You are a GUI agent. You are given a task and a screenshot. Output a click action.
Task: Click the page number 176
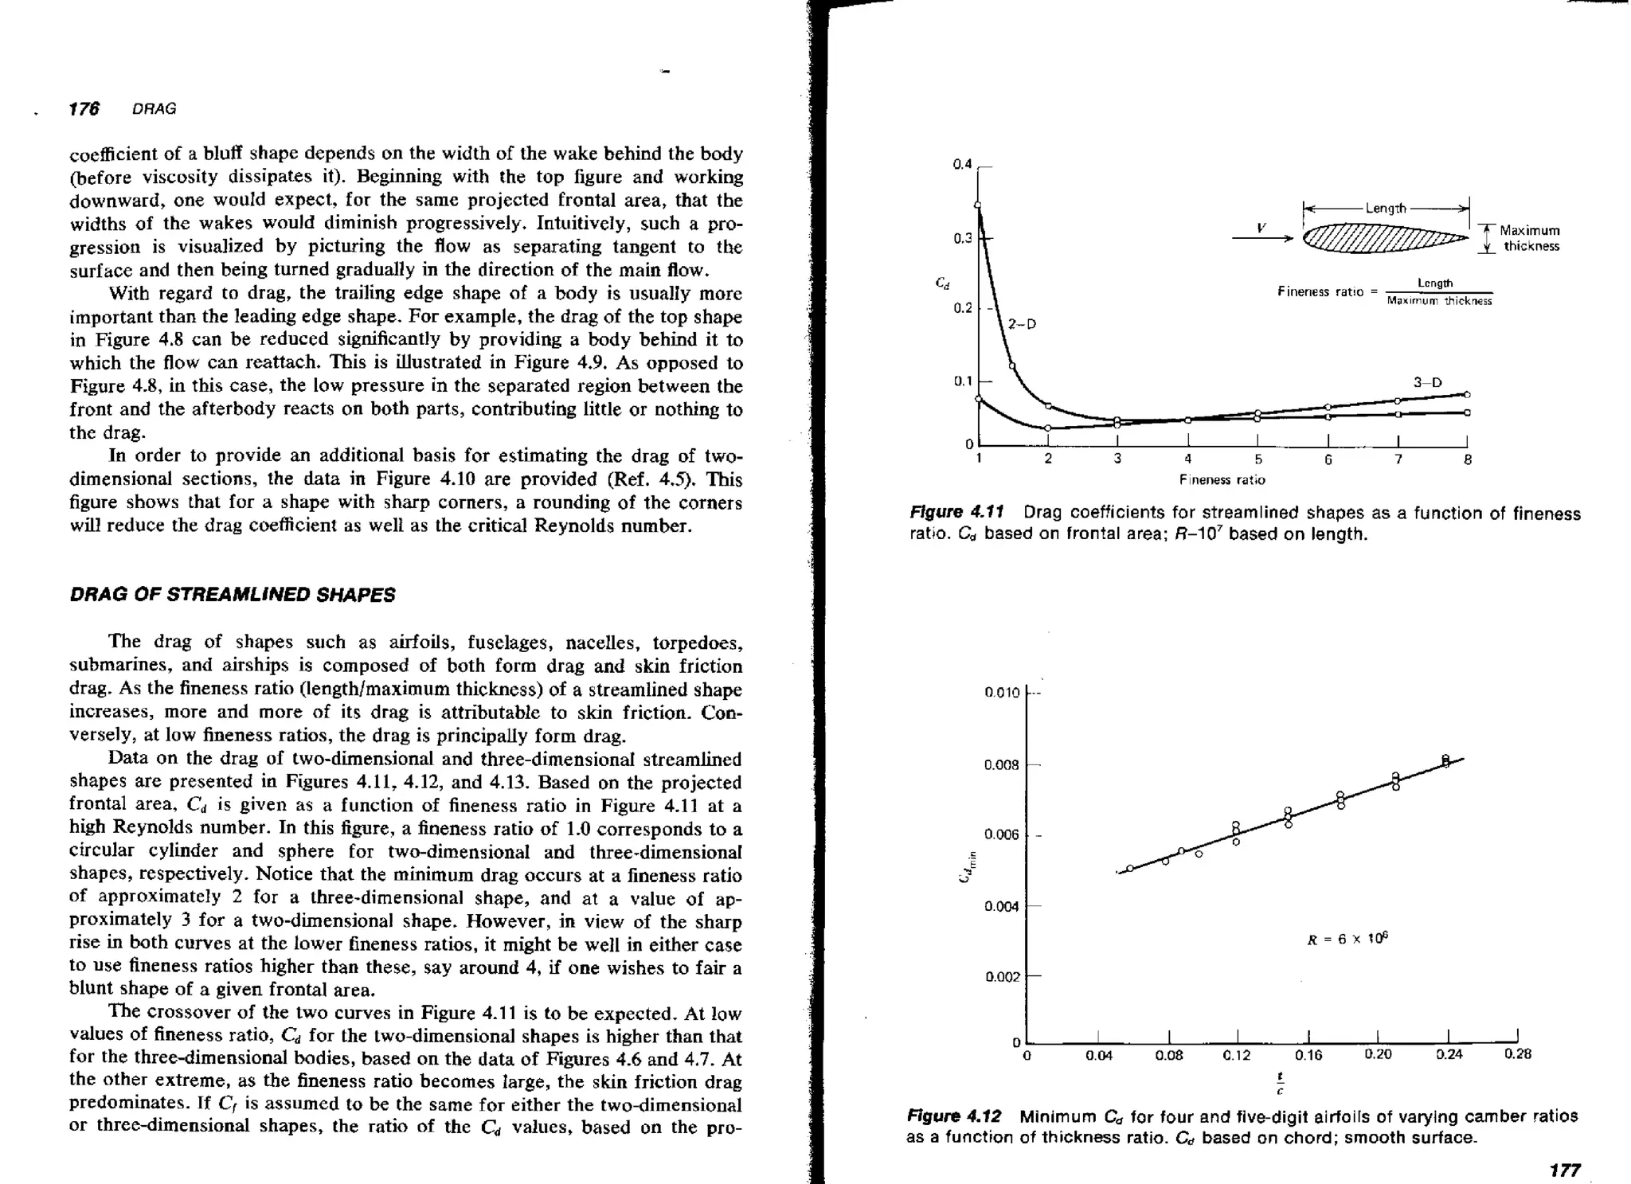click(x=84, y=109)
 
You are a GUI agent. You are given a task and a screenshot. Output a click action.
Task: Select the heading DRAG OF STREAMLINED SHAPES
click(x=232, y=596)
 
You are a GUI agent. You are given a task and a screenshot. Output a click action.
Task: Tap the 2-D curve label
click(x=1022, y=324)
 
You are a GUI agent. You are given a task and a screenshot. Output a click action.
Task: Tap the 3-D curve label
click(x=1427, y=382)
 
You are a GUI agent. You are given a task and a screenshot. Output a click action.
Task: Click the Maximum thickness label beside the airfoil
click(x=1530, y=238)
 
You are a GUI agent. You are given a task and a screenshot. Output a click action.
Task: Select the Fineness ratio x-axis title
click(x=1222, y=479)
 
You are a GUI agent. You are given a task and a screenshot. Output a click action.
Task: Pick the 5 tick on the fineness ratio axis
click(x=1257, y=459)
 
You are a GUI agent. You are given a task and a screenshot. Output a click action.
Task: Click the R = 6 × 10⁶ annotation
click(x=1348, y=939)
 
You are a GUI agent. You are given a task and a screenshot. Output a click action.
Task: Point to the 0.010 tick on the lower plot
click(x=1001, y=693)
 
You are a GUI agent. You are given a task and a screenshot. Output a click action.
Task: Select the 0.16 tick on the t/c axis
click(x=1308, y=1055)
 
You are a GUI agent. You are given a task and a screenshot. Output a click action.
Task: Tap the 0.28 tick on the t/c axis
click(x=1517, y=1054)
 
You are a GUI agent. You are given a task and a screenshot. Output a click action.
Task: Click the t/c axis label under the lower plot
click(x=1280, y=1082)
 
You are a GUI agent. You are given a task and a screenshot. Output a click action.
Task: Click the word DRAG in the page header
click(x=154, y=109)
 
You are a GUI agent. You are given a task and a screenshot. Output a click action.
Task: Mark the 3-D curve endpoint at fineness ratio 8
click(x=1467, y=394)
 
